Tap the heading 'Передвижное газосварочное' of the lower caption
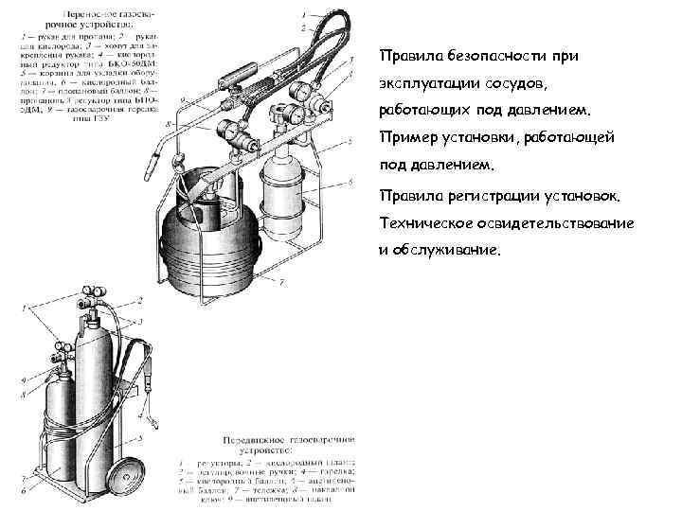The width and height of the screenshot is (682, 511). [288, 444]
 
